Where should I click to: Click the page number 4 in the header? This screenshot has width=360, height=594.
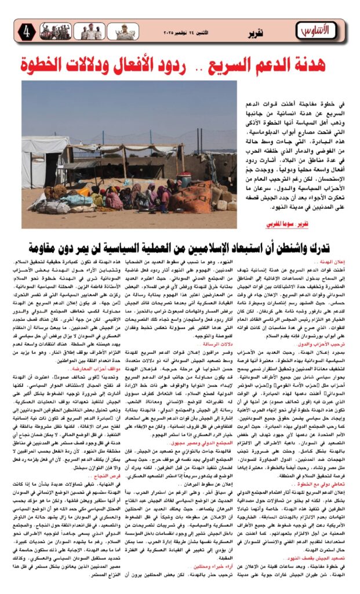point(27,31)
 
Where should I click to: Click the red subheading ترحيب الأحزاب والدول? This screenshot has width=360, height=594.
point(325,327)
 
